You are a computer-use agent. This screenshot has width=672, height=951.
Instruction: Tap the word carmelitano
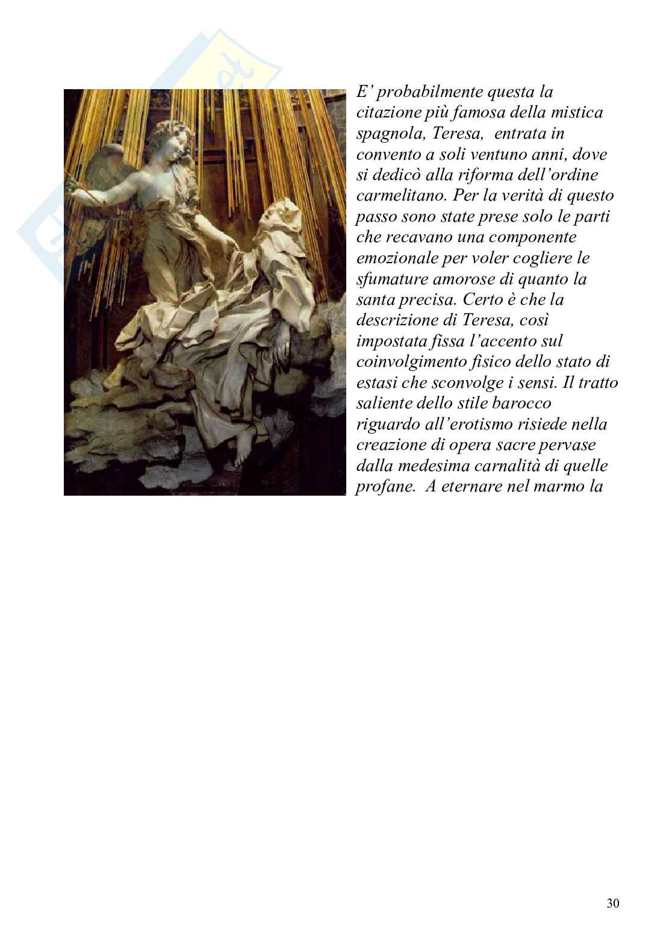click(x=400, y=196)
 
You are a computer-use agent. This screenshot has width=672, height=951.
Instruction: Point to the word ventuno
click(x=497, y=155)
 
